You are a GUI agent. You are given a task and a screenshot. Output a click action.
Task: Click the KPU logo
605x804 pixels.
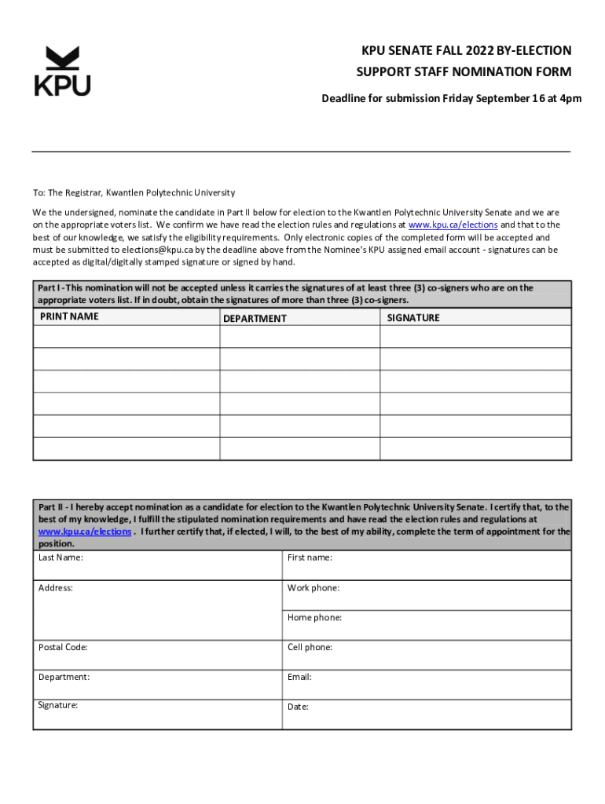(x=62, y=71)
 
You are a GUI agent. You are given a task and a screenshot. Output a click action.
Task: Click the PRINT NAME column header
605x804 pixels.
(x=69, y=316)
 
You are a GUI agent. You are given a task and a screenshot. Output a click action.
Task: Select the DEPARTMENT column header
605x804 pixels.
(x=255, y=318)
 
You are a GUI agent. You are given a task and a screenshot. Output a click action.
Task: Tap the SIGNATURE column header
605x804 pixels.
(x=413, y=318)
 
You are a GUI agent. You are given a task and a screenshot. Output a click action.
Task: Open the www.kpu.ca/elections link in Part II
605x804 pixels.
(x=85, y=532)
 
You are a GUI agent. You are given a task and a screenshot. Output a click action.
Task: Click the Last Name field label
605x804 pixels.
(x=60, y=557)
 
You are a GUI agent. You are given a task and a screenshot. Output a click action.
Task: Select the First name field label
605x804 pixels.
(x=310, y=557)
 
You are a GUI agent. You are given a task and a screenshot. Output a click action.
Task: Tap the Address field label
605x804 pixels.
(x=55, y=587)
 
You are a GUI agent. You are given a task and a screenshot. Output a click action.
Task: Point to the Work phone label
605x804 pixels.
(x=313, y=587)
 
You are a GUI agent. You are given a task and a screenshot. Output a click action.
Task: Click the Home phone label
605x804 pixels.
(x=314, y=617)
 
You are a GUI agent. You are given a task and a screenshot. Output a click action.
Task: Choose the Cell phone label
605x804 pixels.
(x=310, y=647)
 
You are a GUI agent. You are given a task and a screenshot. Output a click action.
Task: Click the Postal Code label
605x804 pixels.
(x=63, y=647)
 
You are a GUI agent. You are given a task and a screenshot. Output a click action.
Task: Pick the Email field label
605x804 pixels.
(x=299, y=676)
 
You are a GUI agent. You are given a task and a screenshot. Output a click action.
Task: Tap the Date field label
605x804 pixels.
(x=298, y=707)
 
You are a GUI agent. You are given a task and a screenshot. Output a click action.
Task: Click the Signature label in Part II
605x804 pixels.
(x=58, y=705)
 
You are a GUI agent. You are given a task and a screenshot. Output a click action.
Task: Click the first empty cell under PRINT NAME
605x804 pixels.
(x=126, y=336)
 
